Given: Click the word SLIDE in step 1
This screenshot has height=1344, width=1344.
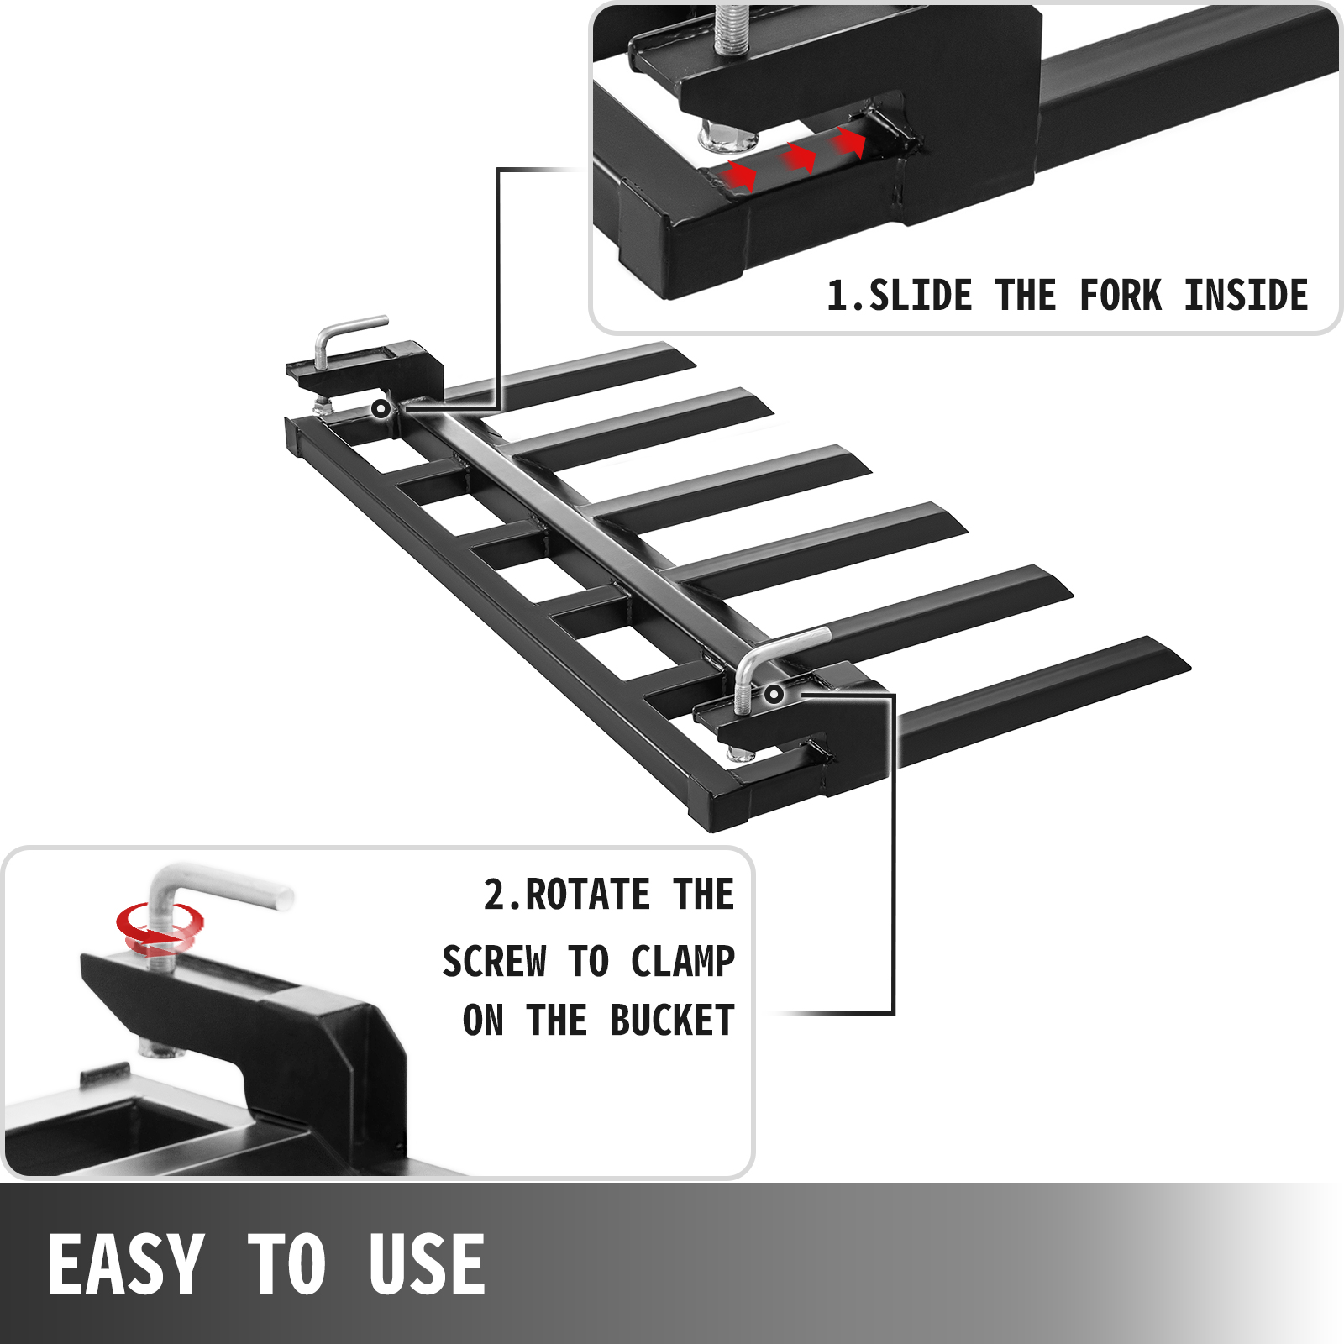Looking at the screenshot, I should coord(920,296).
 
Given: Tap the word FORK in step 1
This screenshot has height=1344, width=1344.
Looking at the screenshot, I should coord(1121,296).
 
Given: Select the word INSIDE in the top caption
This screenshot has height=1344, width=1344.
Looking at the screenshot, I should coord(1246,296).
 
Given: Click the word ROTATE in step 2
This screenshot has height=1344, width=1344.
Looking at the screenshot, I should coord(588,895).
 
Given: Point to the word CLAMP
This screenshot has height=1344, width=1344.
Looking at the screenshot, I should coord(682,962).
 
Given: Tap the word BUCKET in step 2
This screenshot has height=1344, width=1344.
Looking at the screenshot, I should coord(672,1021).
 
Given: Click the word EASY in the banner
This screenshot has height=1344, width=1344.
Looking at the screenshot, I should coord(126,1264).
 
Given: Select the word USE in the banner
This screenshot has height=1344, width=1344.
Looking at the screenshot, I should coord(427,1264).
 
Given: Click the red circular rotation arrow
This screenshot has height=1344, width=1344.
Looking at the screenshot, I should coord(160,928).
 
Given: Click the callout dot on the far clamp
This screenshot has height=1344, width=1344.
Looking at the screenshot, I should coord(381,409).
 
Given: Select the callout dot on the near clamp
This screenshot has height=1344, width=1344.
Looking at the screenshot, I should coord(774,694).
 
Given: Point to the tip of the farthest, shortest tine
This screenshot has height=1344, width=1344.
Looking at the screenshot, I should coord(685,357).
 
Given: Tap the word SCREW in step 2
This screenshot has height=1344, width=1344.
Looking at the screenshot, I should coord(494,962).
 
